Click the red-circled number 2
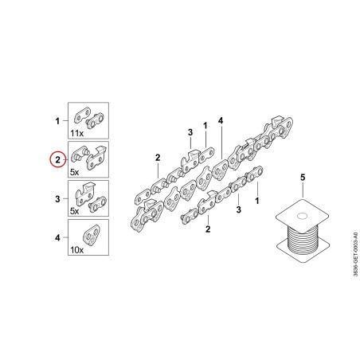[57, 160]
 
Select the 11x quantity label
[77, 133]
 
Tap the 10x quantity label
[77, 250]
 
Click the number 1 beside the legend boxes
[57, 121]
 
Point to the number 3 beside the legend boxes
[57, 199]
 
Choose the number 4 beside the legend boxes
[57, 238]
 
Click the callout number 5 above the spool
[303, 178]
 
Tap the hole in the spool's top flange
[301, 216]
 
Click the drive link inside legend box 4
[92, 235]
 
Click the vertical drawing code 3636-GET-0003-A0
[355, 254]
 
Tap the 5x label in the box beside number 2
[75, 172]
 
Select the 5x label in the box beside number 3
[75, 211]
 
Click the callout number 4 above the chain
[221, 121]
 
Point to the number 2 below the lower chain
[208, 229]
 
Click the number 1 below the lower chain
[256, 201]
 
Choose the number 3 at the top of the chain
[190, 132]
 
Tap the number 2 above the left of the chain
[158, 158]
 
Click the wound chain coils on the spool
[302, 241]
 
